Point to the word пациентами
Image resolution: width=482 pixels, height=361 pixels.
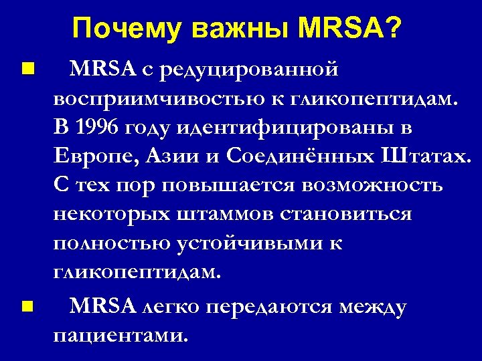(x=119, y=334)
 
